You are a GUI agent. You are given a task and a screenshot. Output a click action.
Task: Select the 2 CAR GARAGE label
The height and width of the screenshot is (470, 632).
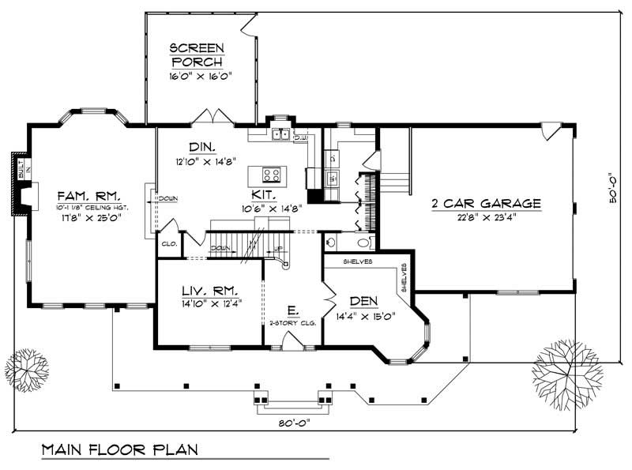[486, 203]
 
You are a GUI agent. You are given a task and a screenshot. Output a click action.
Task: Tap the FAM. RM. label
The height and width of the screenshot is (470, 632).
[87, 194]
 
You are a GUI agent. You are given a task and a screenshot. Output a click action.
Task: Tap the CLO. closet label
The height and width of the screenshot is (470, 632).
[168, 244]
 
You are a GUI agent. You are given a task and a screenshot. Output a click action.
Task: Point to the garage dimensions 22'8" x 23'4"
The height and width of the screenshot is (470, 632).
[486, 217]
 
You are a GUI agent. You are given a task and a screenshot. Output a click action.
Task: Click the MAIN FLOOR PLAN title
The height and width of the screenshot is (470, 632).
[120, 450]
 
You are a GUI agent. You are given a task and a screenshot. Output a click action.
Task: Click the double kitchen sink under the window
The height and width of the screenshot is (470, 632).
[280, 135]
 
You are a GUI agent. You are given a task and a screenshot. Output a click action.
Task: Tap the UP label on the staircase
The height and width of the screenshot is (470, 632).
[279, 249]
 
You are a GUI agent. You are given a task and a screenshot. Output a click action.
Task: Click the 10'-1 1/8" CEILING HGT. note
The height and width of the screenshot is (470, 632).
[87, 207]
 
